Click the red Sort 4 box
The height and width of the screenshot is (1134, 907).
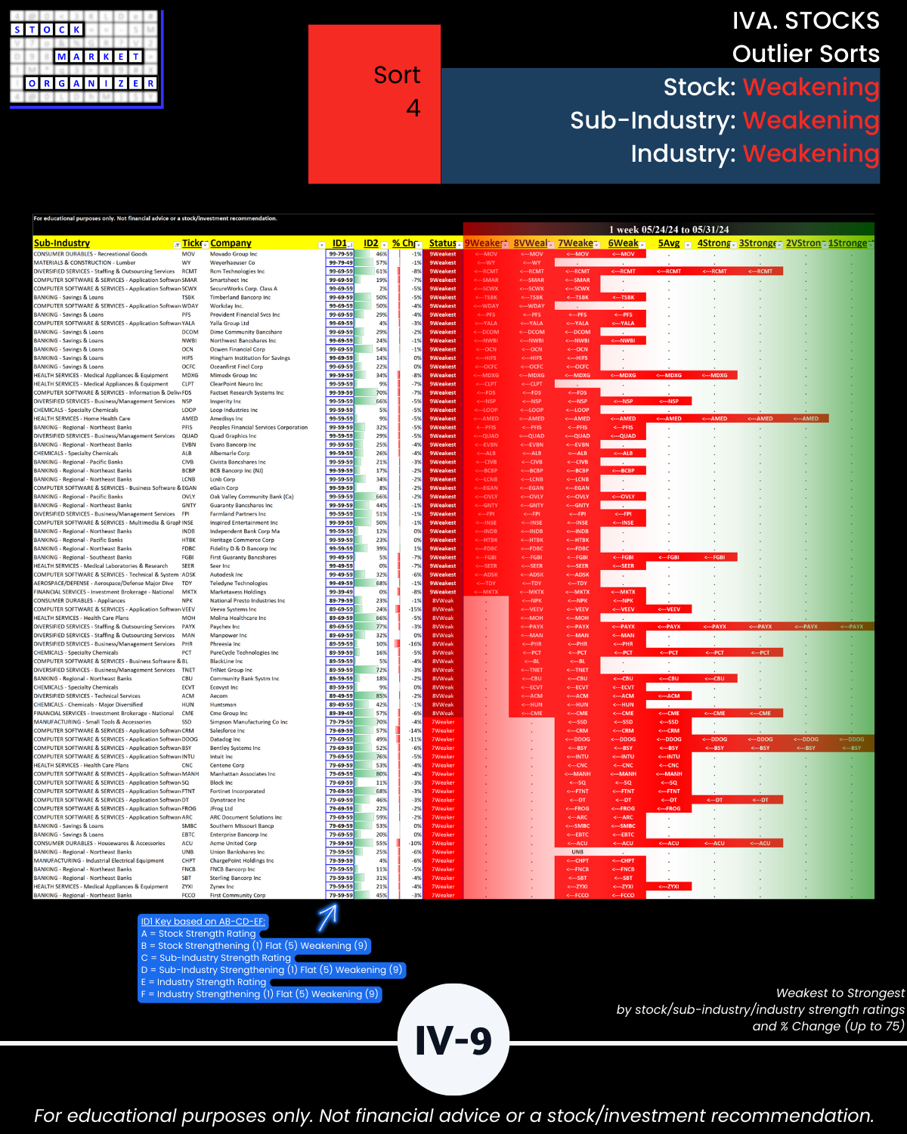click(x=374, y=104)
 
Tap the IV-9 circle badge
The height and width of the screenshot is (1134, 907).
click(x=453, y=1040)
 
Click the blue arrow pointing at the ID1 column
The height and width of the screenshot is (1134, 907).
click(x=328, y=916)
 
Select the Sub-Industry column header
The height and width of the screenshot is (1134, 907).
click(x=62, y=243)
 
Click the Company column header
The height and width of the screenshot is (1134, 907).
click(x=231, y=243)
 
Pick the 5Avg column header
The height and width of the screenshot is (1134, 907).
click(x=669, y=243)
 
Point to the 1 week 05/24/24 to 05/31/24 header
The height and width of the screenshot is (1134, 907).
click(x=668, y=229)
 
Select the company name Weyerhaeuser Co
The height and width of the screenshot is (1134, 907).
click(x=232, y=263)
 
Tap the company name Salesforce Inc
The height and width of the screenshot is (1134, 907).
click(x=228, y=731)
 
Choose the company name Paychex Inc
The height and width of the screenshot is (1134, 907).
click(x=224, y=627)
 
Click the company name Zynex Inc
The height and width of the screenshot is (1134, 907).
click(x=221, y=887)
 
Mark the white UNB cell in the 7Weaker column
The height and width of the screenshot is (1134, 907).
click(x=577, y=852)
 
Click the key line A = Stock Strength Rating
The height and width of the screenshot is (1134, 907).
click(x=199, y=934)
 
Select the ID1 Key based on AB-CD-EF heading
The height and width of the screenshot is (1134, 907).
click(x=203, y=922)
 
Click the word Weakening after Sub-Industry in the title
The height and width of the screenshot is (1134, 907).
click(x=810, y=120)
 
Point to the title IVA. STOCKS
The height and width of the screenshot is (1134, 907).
click(x=805, y=21)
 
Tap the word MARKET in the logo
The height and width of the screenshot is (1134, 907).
click(x=98, y=57)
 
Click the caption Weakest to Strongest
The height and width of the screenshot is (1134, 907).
click(x=840, y=993)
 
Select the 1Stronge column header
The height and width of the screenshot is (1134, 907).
click(x=848, y=243)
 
